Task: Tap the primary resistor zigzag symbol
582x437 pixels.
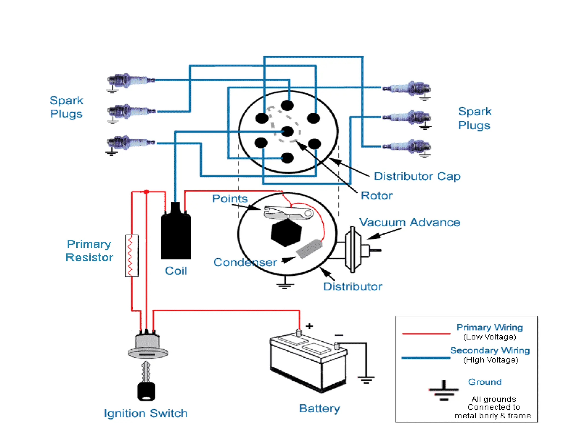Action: pos(131,255)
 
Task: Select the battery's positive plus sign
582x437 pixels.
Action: pos(309,326)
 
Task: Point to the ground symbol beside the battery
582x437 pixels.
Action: pos(366,379)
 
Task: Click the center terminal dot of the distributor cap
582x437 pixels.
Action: pos(287,132)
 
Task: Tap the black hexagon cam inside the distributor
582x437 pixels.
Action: pos(286,232)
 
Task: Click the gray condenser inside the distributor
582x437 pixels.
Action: pos(309,249)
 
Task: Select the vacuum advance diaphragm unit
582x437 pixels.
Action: pos(353,250)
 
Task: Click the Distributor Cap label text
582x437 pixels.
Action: pos(417,176)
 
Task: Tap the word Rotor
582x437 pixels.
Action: pos(376,196)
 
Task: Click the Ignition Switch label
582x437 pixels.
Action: pos(145,413)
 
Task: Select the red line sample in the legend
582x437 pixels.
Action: pos(426,333)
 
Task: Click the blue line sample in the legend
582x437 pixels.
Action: pos(426,358)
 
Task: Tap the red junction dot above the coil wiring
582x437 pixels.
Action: pos(146,192)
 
